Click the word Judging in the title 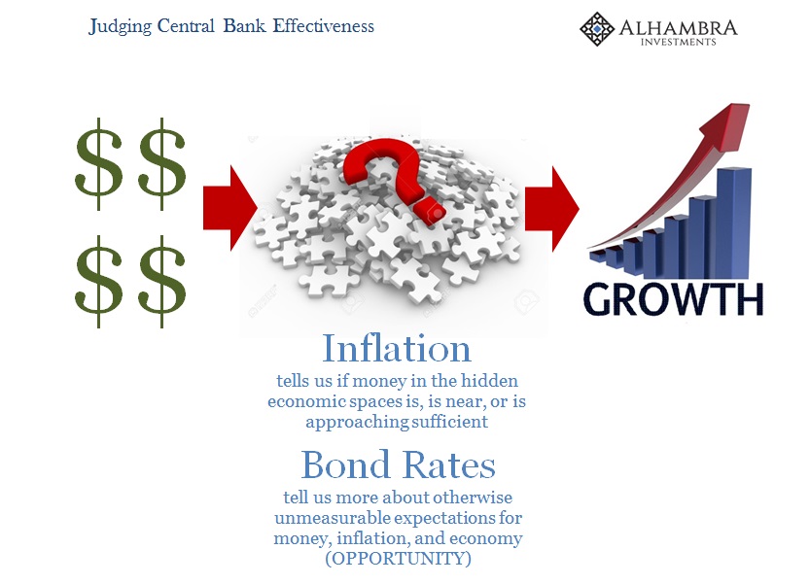pos(120,26)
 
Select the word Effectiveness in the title pos(324,25)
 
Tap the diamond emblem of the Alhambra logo pos(597,29)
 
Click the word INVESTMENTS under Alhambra pos(679,43)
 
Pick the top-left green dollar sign pos(98,163)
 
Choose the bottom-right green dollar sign pos(161,282)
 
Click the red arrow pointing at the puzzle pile pos(230,208)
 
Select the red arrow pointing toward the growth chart pos(552,209)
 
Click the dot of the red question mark pos(434,212)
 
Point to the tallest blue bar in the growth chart pos(733,223)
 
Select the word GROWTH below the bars pos(673,299)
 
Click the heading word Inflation pos(397,349)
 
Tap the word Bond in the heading pos(345,464)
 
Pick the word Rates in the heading pos(448,464)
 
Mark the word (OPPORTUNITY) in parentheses pos(398,558)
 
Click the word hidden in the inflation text pos(489,381)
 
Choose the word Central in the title pos(186,25)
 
